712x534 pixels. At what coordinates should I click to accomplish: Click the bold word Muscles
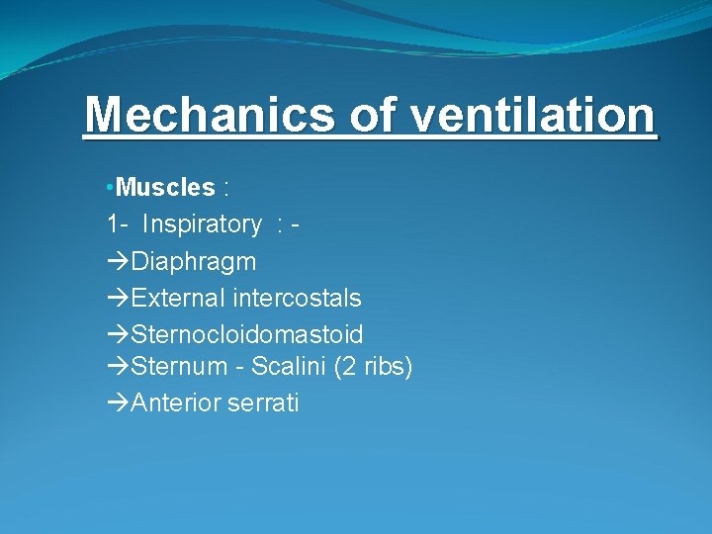click(x=165, y=187)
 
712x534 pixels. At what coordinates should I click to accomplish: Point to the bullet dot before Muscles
click(x=111, y=188)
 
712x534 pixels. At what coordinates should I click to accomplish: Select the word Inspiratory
click(x=202, y=224)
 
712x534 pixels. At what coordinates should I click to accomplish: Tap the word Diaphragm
click(x=193, y=262)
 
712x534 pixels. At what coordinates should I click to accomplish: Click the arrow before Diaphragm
click(x=118, y=262)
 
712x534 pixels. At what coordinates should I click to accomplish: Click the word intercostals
click(x=297, y=298)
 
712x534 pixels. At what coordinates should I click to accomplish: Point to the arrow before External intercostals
click(x=118, y=298)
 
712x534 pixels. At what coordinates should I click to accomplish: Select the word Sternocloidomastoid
click(x=246, y=333)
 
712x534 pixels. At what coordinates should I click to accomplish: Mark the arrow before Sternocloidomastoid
click(x=118, y=333)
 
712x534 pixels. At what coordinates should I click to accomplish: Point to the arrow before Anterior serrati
click(x=118, y=403)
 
